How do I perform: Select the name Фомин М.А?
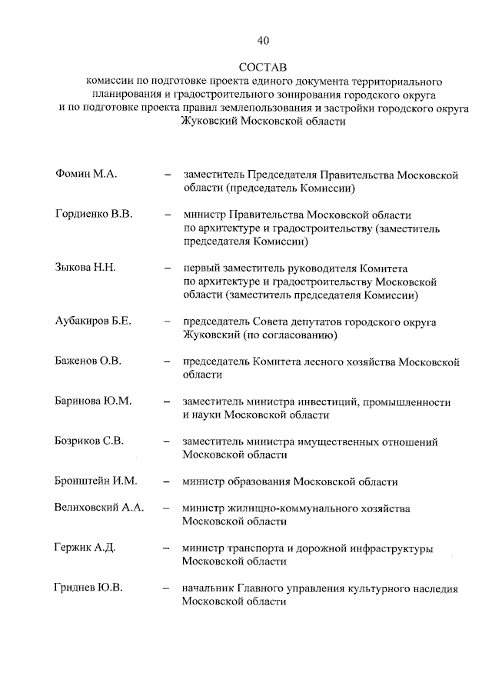click(86, 175)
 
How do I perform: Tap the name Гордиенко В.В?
click(95, 215)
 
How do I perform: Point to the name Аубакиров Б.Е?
click(94, 321)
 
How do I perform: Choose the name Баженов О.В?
click(88, 360)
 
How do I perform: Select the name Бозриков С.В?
click(90, 441)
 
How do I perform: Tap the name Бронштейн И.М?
click(95, 481)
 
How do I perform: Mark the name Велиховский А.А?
click(100, 508)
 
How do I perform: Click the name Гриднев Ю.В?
click(89, 589)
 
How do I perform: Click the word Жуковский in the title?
click(208, 122)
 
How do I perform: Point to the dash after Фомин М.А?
click(167, 176)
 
